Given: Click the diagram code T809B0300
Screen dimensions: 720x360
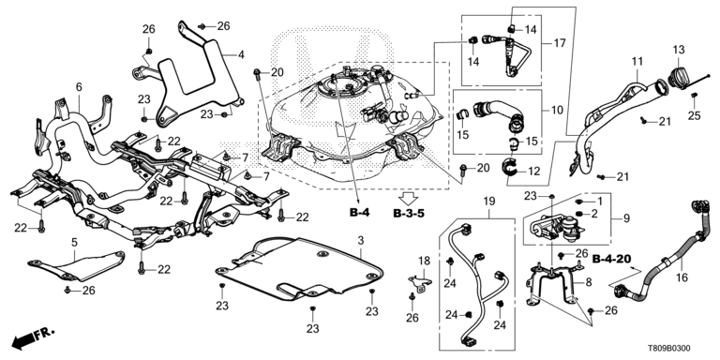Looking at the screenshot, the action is pyautogui.click(x=672, y=350).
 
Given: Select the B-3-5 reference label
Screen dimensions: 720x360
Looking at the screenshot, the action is pyautogui.click(x=409, y=213).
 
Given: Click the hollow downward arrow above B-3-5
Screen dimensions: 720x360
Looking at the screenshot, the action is pyautogui.click(x=408, y=199).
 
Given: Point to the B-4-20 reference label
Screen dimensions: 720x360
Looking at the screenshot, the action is pyautogui.click(x=609, y=260).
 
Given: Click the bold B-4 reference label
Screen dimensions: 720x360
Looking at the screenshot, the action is pyautogui.click(x=360, y=213).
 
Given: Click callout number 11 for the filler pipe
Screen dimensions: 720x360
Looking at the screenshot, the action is pyautogui.click(x=637, y=61).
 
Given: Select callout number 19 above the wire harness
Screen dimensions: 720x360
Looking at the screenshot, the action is pyautogui.click(x=488, y=201).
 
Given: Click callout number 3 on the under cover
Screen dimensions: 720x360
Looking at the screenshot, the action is pyautogui.click(x=361, y=240).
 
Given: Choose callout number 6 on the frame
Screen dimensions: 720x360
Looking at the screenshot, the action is pyautogui.click(x=79, y=87).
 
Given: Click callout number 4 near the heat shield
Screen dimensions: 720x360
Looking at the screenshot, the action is pyautogui.click(x=242, y=55).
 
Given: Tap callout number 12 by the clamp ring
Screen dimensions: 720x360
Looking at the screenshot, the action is pyautogui.click(x=534, y=172).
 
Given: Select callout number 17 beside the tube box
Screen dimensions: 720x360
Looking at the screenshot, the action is pyautogui.click(x=560, y=43).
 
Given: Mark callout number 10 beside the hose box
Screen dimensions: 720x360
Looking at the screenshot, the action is pyautogui.click(x=557, y=111).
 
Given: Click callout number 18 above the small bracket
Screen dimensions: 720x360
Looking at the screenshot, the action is pyautogui.click(x=424, y=262).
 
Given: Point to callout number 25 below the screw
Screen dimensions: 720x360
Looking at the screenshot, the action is pyautogui.click(x=695, y=115).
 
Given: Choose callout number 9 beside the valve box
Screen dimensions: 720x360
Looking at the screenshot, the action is pyautogui.click(x=626, y=219).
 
